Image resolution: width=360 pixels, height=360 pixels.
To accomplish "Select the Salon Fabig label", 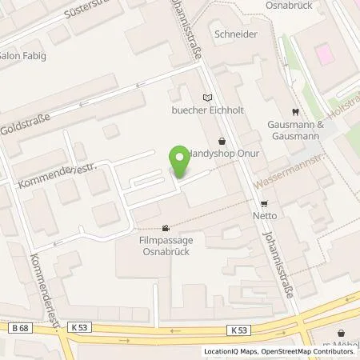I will tap(23, 55).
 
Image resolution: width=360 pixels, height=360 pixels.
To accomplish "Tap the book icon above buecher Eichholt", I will tap(209, 96).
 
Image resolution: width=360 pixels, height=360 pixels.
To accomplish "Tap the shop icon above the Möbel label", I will tap(342, 332).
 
